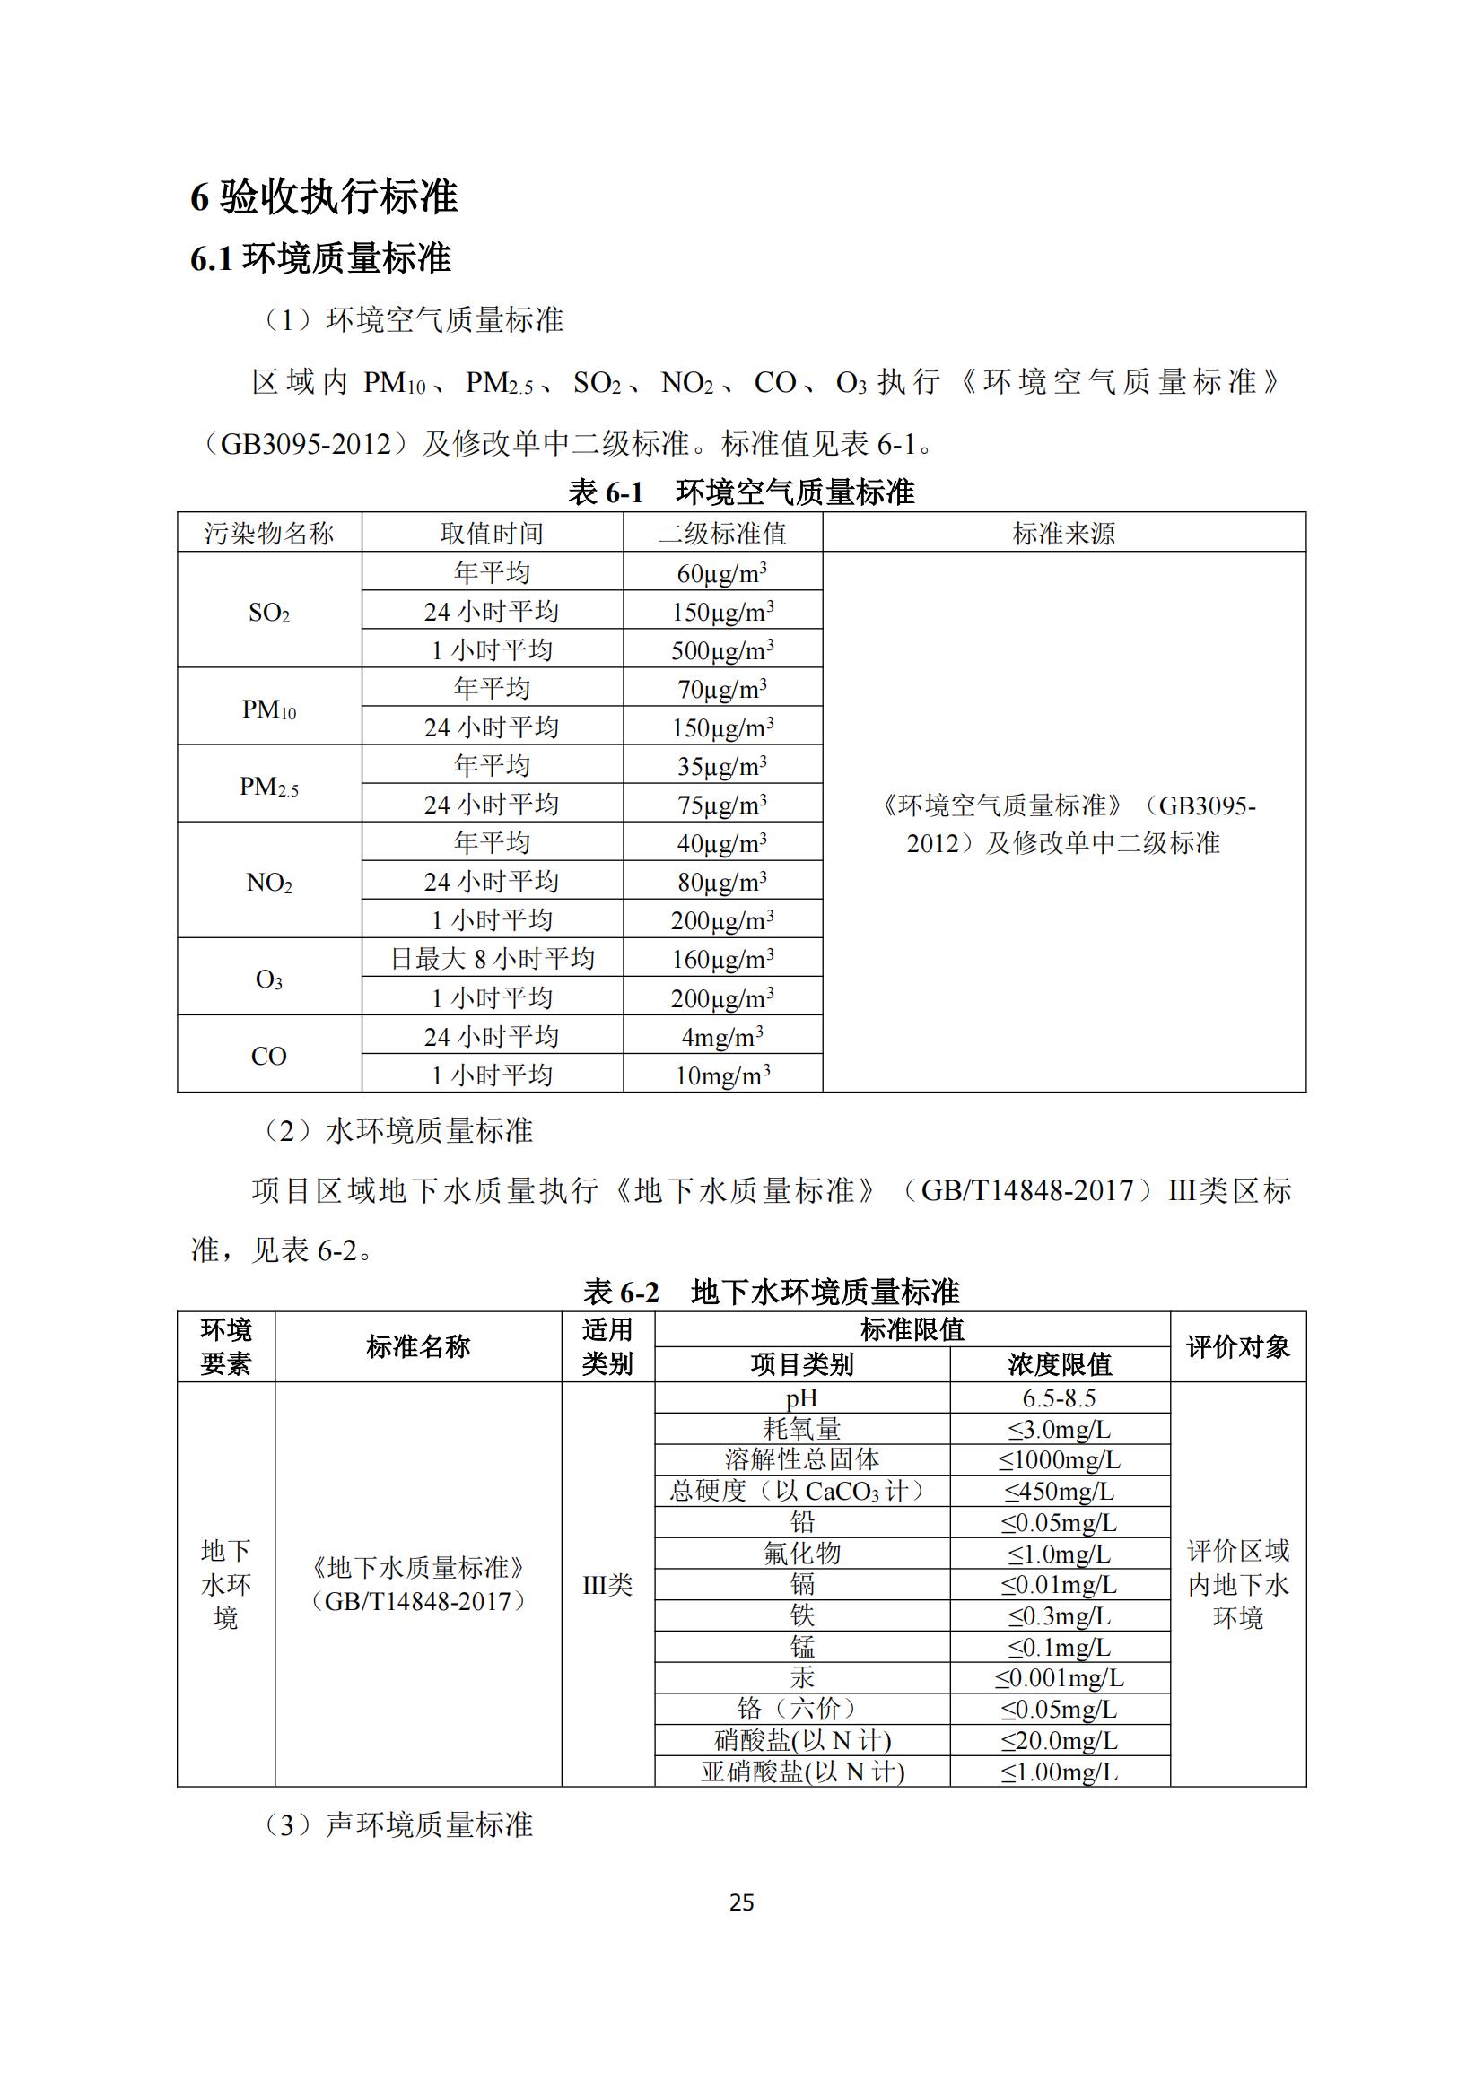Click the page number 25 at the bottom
pyautogui.click(x=741, y=1902)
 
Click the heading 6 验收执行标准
pyautogui.click(x=325, y=196)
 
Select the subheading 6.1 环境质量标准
pyautogui.click(x=320, y=258)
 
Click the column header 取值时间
pyautogui.click(x=492, y=533)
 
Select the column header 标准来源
pyautogui.click(x=1064, y=533)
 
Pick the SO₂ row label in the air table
pyautogui.click(x=268, y=613)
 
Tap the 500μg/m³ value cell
pyautogui.click(x=722, y=649)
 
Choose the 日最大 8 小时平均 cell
pyautogui.click(x=492, y=959)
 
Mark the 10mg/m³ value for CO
pyautogui.click(x=722, y=1075)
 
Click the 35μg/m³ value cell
pyautogui.click(x=722, y=766)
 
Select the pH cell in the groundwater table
pyautogui.click(x=801, y=1398)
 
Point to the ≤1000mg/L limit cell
pyautogui.click(x=1059, y=1459)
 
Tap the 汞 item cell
pyautogui.click(x=801, y=1676)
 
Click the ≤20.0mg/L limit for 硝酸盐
pyautogui.click(x=1059, y=1740)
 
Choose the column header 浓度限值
pyautogui.click(x=1059, y=1364)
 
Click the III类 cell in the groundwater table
pyautogui.click(x=607, y=1584)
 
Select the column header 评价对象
pyautogui.click(x=1237, y=1347)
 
